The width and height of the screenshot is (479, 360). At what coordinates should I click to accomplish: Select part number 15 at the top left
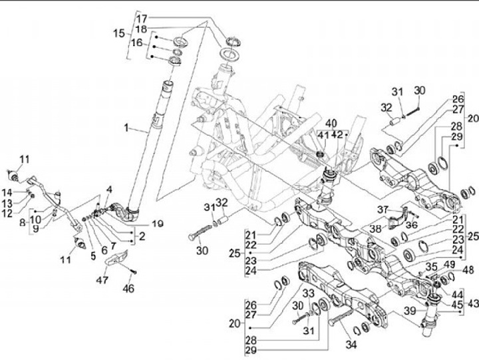[x=118, y=33]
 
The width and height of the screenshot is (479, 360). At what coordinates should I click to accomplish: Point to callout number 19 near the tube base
[x=158, y=224]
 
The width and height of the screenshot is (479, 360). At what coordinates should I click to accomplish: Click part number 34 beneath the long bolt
[x=351, y=345]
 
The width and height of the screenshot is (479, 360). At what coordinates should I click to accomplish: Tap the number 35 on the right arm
[x=432, y=266]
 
